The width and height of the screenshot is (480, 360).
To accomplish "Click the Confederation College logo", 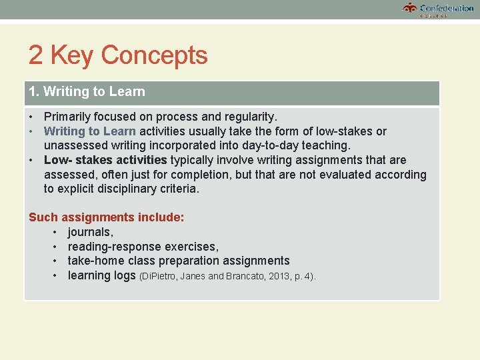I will point(438,9).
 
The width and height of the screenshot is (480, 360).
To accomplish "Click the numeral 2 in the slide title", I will point(35,55).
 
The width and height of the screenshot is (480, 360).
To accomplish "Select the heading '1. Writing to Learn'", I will point(87,92).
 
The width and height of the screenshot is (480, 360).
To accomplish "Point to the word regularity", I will point(249,117).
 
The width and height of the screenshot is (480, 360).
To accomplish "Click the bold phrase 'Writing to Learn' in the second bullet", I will point(89,131).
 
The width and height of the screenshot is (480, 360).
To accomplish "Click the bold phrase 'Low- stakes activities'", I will point(105,160).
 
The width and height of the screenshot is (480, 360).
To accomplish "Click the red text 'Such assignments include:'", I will point(107,217).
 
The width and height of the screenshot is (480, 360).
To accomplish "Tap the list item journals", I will point(90,232).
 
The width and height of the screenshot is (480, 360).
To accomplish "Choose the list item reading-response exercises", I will point(143,247).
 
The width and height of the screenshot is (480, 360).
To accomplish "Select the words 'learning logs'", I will point(101,275).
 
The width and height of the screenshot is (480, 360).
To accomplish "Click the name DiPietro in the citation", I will point(159,276).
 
